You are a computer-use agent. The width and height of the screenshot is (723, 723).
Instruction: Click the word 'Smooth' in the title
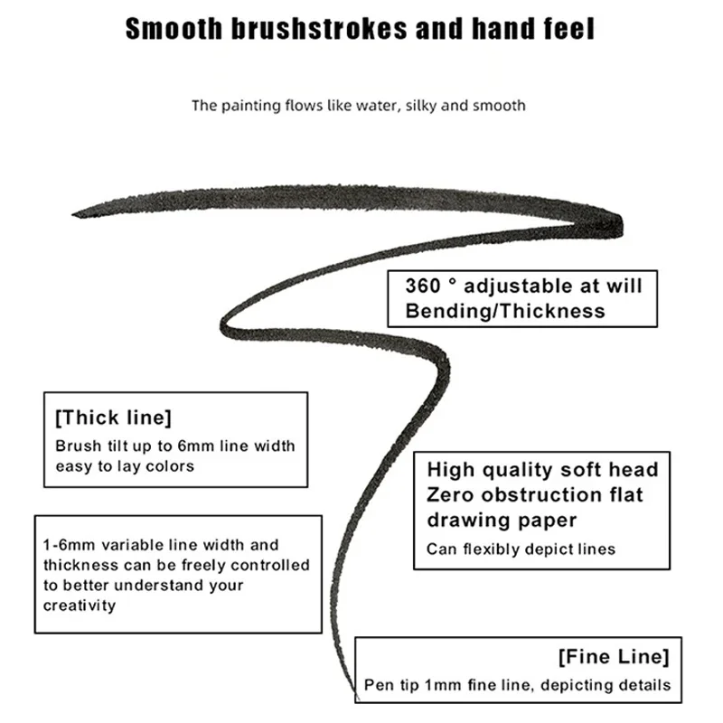pyautogui.click(x=174, y=29)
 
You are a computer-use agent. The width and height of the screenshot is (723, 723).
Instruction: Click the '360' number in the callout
pyautogui.click(x=423, y=286)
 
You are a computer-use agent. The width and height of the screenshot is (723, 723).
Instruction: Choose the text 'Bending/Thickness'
pyautogui.click(x=505, y=311)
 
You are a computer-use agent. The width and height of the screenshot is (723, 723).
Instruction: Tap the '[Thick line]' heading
pyautogui.click(x=114, y=418)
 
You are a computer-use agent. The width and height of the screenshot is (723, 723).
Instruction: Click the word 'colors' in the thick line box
pyautogui.click(x=170, y=466)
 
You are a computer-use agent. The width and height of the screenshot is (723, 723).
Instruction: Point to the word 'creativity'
pyautogui.click(x=80, y=606)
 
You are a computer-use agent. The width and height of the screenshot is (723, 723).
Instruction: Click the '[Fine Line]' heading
pyautogui.click(x=614, y=657)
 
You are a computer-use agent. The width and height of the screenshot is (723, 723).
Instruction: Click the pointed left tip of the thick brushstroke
pyautogui.click(x=73, y=214)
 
